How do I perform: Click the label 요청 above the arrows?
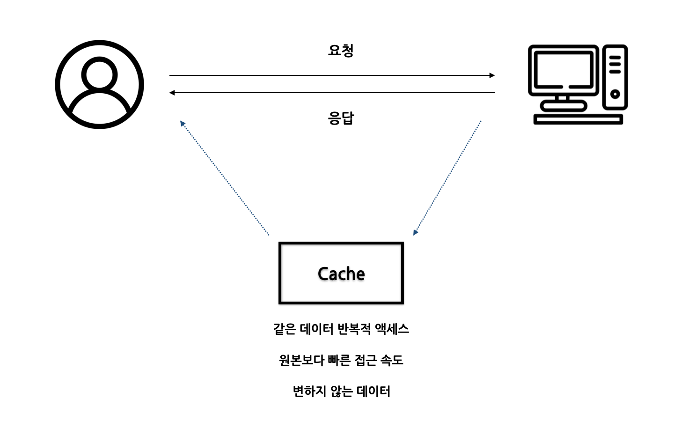point(341,50)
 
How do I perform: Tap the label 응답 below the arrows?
point(341,118)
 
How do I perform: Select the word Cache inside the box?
point(341,274)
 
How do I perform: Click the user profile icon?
point(99,84)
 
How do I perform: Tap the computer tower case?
point(615,77)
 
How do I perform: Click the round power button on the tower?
point(615,94)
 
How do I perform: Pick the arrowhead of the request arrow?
point(492,75)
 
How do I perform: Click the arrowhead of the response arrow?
point(172,93)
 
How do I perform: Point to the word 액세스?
point(392,329)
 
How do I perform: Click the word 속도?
point(392,360)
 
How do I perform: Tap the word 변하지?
point(309,391)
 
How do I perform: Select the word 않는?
point(342,391)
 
